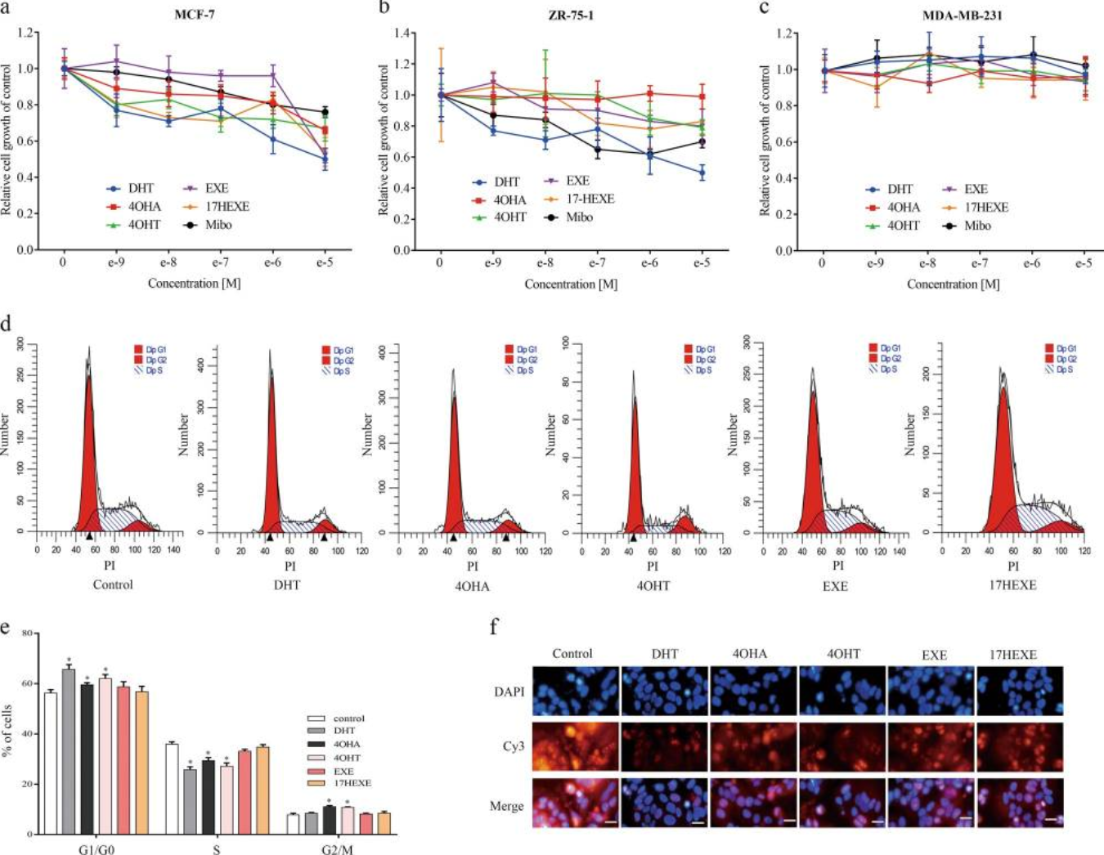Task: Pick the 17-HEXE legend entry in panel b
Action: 588,199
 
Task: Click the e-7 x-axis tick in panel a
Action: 220,263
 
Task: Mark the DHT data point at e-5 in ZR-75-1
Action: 702,173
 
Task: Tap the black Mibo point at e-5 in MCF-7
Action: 325,112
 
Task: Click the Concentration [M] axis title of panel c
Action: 953,284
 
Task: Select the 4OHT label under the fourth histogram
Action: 652,585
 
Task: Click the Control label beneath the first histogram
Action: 113,585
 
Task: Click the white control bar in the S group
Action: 172,788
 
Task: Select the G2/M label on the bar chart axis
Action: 338,849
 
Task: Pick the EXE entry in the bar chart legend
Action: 343,771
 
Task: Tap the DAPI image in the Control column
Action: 575,691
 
